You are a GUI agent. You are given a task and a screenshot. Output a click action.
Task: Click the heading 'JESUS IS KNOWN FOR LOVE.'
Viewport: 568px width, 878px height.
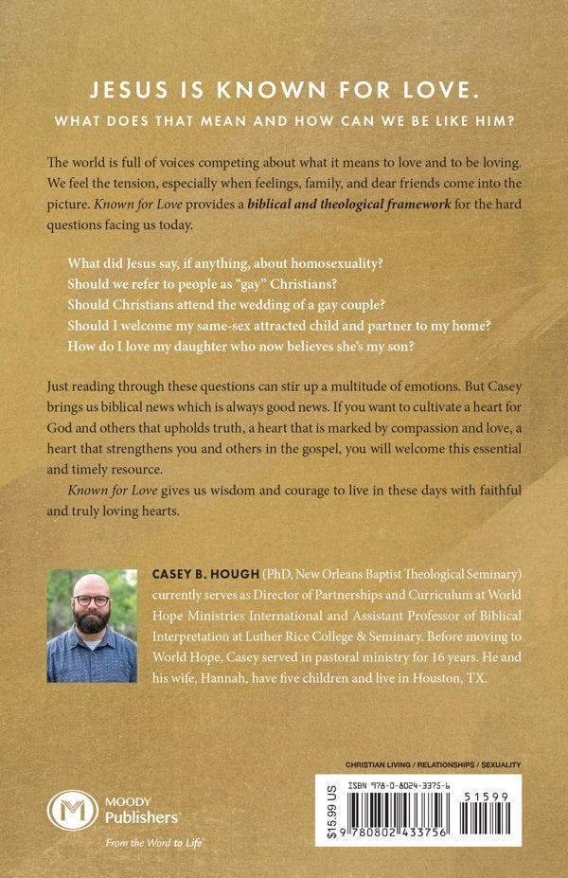(284, 91)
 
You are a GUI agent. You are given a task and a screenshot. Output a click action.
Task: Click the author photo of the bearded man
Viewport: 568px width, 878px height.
(92, 624)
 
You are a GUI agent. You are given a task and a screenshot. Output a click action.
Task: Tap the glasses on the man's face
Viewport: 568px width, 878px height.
(90, 607)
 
